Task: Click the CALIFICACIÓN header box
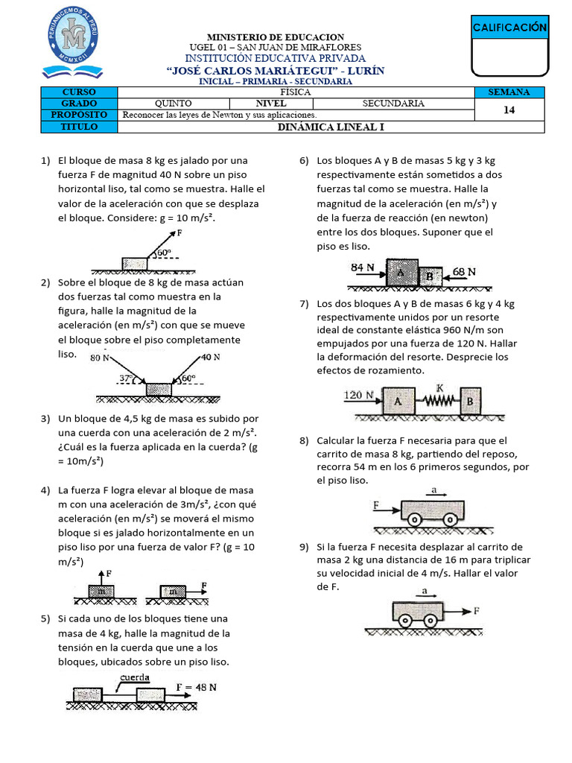509,28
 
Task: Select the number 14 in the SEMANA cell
509,109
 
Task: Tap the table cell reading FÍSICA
296,92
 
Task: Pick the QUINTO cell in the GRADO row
173,104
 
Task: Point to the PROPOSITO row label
80,115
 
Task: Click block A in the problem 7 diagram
398,400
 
